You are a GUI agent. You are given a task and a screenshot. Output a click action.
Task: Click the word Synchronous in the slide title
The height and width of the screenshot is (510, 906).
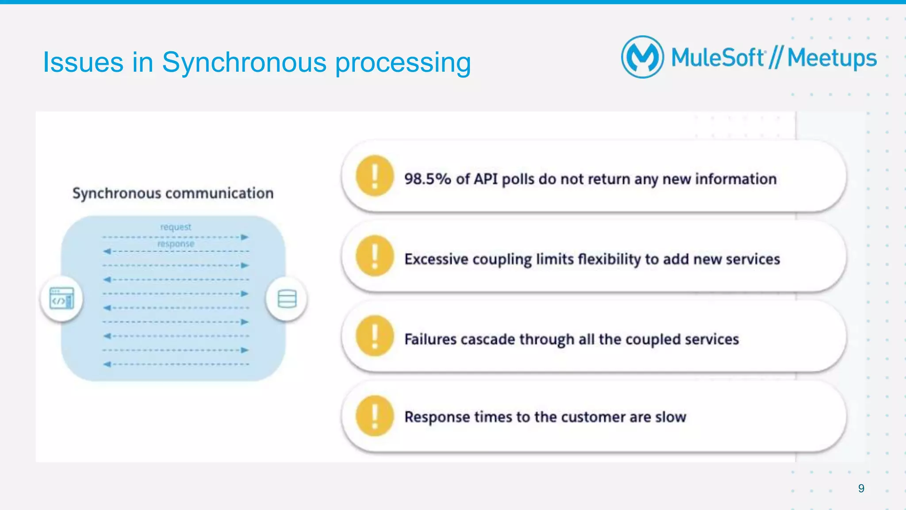[x=244, y=62]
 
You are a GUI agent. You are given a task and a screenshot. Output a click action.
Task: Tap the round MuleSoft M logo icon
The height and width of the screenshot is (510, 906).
[x=642, y=57]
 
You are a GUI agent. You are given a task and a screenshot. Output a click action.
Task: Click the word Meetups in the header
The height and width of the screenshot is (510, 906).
[x=832, y=58]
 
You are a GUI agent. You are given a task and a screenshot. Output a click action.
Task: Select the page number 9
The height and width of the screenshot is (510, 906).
[x=861, y=488]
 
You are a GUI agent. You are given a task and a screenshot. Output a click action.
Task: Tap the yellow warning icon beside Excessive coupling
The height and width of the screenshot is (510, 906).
[x=374, y=256]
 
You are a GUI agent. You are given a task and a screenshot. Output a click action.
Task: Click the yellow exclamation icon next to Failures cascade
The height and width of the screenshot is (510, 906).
[x=374, y=336]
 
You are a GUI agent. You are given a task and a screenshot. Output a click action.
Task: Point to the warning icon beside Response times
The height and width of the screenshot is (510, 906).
[x=374, y=416]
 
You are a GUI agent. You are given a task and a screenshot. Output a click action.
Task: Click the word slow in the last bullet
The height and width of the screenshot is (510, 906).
[x=670, y=417]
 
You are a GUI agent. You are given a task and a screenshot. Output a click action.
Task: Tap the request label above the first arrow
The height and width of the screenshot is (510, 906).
[x=176, y=227]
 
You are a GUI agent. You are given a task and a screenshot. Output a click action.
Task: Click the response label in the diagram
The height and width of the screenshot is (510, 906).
[x=176, y=244]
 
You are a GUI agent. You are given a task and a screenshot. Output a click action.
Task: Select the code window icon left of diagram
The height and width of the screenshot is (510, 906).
[x=61, y=299]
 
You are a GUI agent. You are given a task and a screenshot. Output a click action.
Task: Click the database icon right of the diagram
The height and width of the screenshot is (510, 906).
[x=287, y=299]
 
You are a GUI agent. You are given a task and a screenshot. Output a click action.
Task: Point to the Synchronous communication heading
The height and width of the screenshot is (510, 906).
[x=173, y=193]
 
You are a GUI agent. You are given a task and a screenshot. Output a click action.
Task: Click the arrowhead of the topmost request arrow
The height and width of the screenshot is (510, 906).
[x=245, y=237]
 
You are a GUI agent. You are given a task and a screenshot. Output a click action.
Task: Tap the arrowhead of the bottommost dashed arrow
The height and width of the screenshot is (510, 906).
[x=107, y=364]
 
